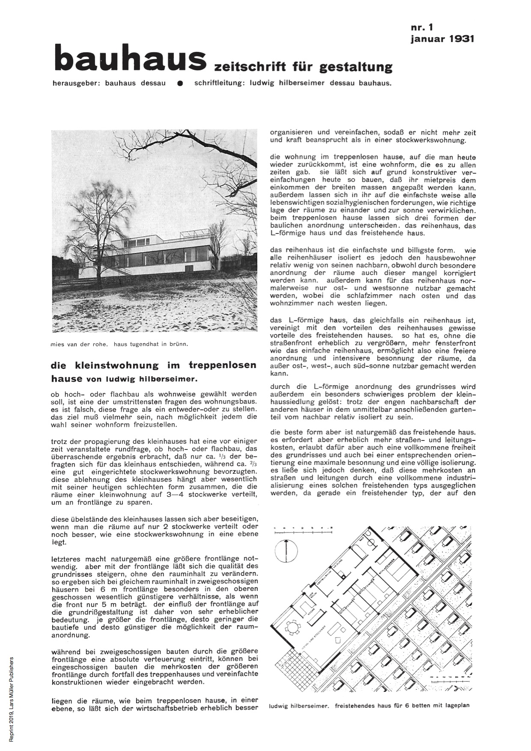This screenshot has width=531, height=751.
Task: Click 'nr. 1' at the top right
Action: point(422,27)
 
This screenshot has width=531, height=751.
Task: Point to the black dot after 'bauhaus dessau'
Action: point(180,84)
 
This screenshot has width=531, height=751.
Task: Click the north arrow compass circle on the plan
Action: point(286,551)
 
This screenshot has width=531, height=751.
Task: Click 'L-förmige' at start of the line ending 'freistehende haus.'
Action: point(286,233)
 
